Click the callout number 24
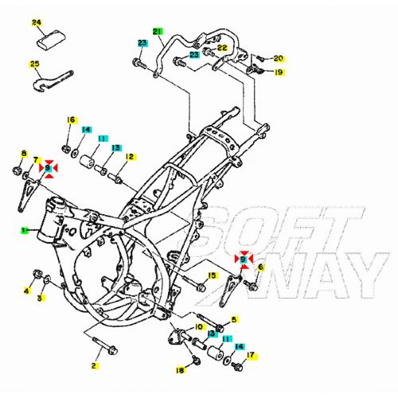pyautogui.click(x=37, y=22)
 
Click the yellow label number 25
pyautogui.click(x=35, y=64)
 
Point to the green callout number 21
pyautogui.click(x=158, y=32)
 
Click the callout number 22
pyautogui.click(x=222, y=48)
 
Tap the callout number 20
pyautogui.click(x=278, y=58)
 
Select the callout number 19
pyautogui.click(x=279, y=72)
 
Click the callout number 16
pyautogui.click(x=71, y=120)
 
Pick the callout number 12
pyautogui.click(x=129, y=157)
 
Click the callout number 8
pyautogui.click(x=24, y=154)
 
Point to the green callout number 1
pyautogui.click(x=25, y=231)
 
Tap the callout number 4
pyautogui.click(x=25, y=291)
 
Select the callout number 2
pyautogui.click(x=94, y=366)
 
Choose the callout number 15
pyautogui.click(x=212, y=275)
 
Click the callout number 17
pyautogui.click(x=251, y=355)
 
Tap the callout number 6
pyautogui.click(x=259, y=267)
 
